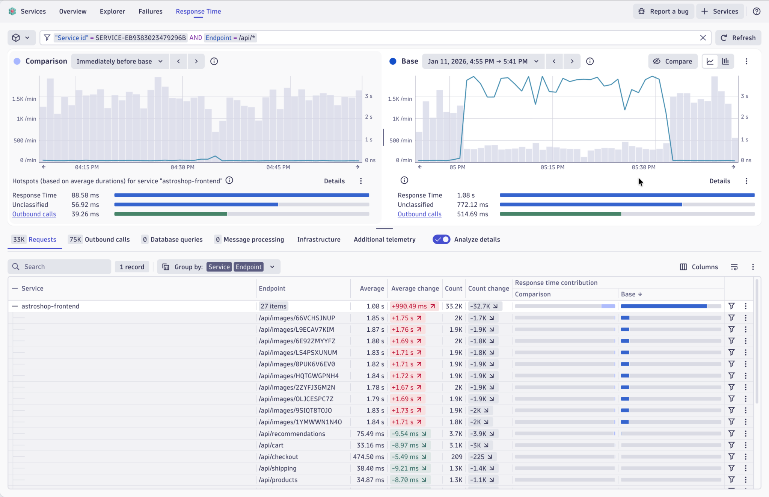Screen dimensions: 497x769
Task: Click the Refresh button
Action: [x=738, y=38]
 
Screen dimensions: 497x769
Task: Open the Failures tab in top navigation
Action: [x=150, y=11]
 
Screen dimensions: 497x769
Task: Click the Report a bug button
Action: [x=663, y=11]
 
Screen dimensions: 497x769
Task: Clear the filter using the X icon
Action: [x=703, y=38]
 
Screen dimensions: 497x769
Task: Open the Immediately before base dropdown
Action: [x=119, y=61]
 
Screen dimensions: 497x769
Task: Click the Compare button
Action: [x=672, y=61]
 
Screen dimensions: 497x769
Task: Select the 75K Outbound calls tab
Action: [x=100, y=239]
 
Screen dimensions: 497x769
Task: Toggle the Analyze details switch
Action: [x=441, y=239]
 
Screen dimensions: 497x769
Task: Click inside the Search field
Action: [x=64, y=267]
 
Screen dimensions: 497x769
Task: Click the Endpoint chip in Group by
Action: [x=249, y=267]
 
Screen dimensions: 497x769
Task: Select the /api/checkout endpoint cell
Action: [x=278, y=457]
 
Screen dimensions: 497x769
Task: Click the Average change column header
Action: [x=415, y=289]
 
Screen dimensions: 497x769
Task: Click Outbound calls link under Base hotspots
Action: [x=419, y=214]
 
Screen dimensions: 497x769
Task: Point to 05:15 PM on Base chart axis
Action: [x=552, y=167]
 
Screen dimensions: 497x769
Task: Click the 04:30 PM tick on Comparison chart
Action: [x=182, y=167]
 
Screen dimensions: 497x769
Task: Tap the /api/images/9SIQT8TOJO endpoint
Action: [x=295, y=411]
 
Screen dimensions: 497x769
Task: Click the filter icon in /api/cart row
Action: [x=731, y=445]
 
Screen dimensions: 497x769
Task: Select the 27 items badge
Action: [x=273, y=306]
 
